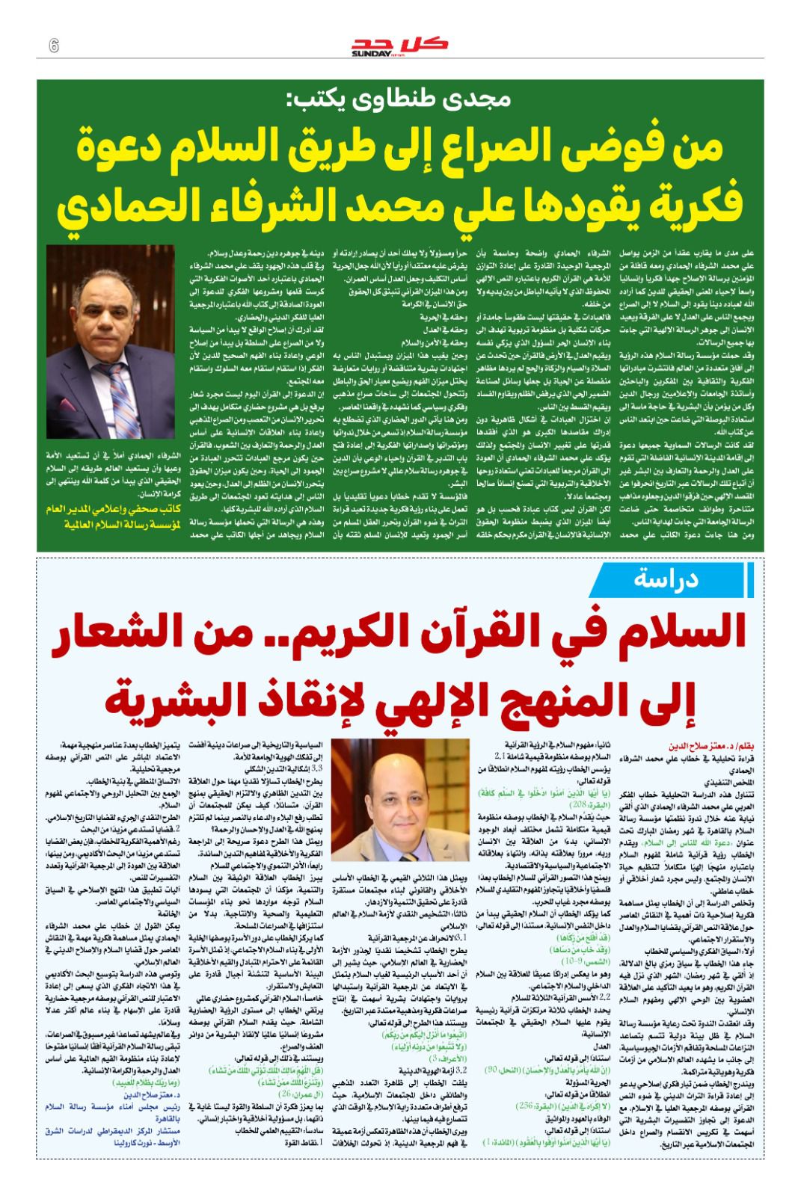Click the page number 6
pyautogui.click(x=53, y=45)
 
